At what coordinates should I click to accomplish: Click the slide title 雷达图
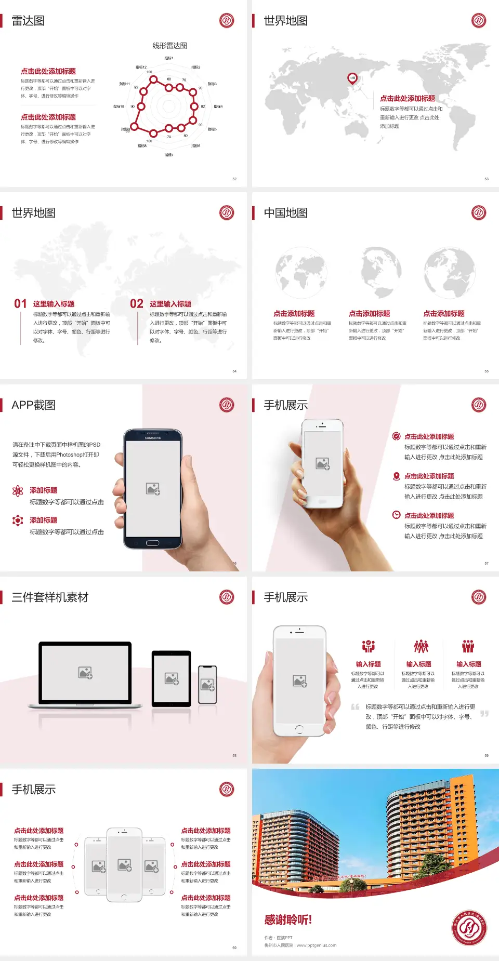click(x=28, y=21)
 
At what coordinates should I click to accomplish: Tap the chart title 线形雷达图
click(x=169, y=46)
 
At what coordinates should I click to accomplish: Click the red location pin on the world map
click(x=352, y=78)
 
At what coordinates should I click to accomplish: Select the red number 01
click(x=20, y=304)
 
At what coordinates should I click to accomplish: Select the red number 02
click(x=137, y=304)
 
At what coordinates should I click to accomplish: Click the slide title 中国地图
click(x=285, y=213)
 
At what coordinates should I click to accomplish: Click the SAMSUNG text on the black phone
click(x=153, y=438)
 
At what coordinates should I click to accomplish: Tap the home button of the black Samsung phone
click(x=152, y=543)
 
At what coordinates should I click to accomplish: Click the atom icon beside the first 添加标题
click(x=18, y=491)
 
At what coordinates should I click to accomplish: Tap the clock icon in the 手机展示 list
click(x=396, y=515)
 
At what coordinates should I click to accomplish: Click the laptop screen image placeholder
click(x=85, y=672)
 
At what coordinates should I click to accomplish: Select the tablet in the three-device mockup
click(x=172, y=678)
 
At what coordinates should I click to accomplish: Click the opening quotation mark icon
click(x=355, y=707)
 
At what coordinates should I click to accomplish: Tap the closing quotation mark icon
click(x=484, y=714)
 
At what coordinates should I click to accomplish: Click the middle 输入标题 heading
click(x=418, y=664)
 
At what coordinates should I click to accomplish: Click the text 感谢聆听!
click(x=288, y=920)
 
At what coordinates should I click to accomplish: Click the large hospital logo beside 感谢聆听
click(x=469, y=927)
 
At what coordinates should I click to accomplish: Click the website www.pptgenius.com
click(x=317, y=945)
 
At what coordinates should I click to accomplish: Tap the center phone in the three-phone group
click(x=124, y=864)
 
